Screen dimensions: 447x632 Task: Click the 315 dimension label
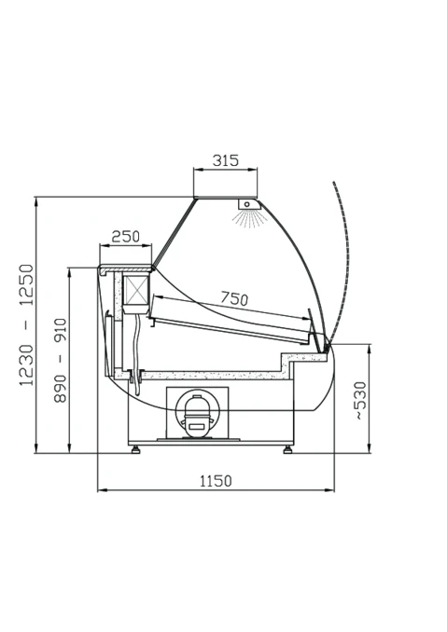tap(226, 160)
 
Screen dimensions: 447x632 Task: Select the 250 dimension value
tap(125, 236)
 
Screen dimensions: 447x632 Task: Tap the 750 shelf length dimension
tap(234, 298)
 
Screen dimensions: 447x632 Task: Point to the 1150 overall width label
tap(216, 481)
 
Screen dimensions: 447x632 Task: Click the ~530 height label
tap(361, 401)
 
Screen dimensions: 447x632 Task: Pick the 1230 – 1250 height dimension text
tap(27, 325)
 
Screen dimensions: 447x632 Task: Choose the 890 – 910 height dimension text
tap(60, 360)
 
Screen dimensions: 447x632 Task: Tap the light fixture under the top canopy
tap(249, 204)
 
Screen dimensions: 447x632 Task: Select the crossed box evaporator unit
tap(135, 290)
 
